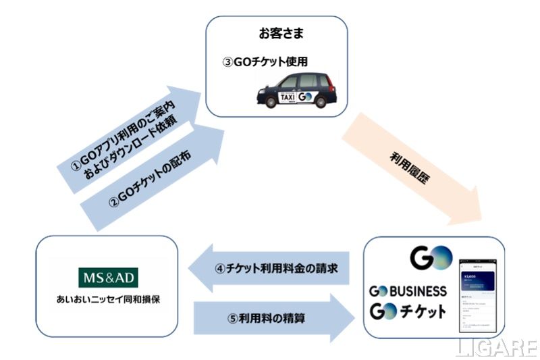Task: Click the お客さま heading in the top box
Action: (276, 33)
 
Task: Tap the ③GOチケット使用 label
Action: (265, 61)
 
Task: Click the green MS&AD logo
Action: (107, 278)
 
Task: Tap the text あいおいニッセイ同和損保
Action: (107, 299)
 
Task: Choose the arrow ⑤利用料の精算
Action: (273, 316)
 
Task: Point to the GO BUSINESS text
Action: (407, 291)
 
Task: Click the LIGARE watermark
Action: (496, 347)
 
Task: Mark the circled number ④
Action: (219, 268)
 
